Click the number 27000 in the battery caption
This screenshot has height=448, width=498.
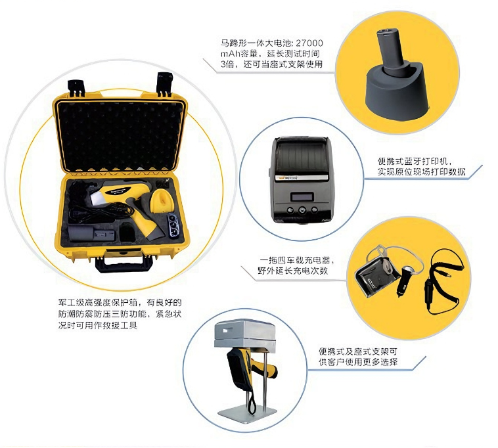pyautogui.click(x=309, y=43)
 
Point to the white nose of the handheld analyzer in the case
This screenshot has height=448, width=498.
pyautogui.click(x=97, y=198)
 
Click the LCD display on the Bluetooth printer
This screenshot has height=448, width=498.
pyautogui.click(x=302, y=197)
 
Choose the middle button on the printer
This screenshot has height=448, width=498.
pyautogui.click(x=302, y=210)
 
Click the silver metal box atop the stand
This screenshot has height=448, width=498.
pyautogui.click(x=244, y=334)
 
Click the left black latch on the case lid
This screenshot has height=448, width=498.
pyautogui.click(x=76, y=87)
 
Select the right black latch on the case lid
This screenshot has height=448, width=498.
pyautogui.click(x=164, y=84)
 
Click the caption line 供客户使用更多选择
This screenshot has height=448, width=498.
pyautogui.click(x=358, y=362)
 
